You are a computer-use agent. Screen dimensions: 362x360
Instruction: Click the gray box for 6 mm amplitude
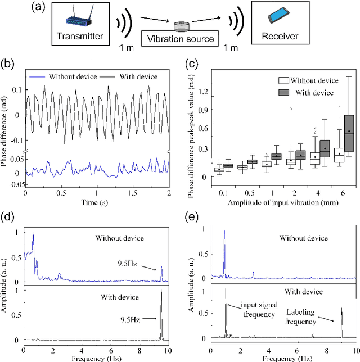pos(349,133)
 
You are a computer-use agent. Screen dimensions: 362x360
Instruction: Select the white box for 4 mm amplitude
pos(315,158)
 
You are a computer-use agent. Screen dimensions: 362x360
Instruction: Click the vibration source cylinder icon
pos(181,26)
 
